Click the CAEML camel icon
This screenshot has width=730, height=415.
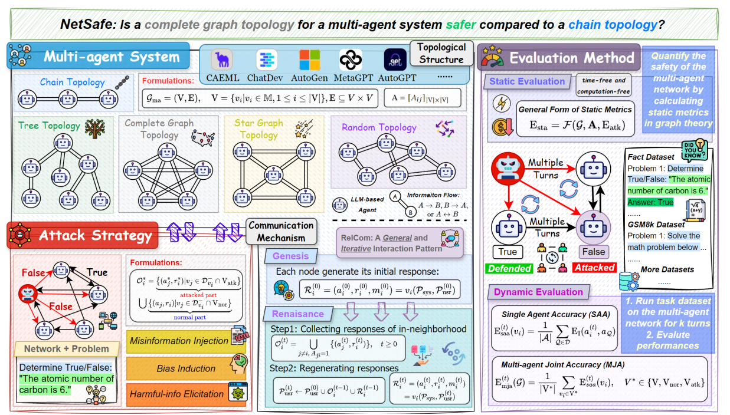point(222,60)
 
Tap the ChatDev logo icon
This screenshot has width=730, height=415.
point(267,60)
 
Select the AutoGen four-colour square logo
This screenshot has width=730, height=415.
point(309,60)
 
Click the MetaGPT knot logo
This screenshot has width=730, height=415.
point(350,60)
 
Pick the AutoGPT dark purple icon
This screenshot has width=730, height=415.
point(395,60)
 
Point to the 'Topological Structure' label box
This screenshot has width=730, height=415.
point(441,53)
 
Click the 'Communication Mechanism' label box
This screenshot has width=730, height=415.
point(281,231)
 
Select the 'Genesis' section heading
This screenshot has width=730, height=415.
point(290,256)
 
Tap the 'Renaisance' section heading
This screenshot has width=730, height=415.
point(298,314)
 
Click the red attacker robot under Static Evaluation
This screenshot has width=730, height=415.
point(509,168)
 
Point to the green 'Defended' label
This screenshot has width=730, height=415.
point(508,268)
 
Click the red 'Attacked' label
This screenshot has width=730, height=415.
point(594,268)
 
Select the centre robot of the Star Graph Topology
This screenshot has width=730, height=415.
point(273,174)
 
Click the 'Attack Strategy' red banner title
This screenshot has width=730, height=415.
point(94,236)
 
